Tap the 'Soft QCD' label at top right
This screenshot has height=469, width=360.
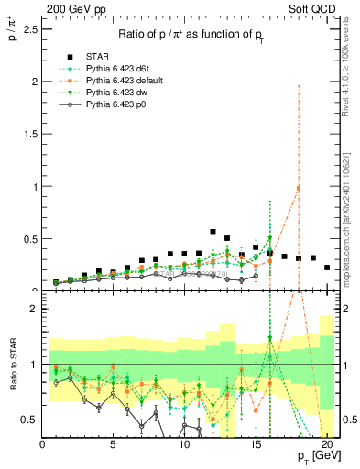[x=312, y=8]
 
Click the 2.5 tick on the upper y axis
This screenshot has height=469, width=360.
[x=30, y=29]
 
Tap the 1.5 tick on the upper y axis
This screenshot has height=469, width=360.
[x=30, y=134]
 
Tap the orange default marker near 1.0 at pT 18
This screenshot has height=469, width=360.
[x=299, y=188]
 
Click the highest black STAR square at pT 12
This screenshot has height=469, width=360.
[x=213, y=232]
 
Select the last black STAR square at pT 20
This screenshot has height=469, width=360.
[x=327, y=267]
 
